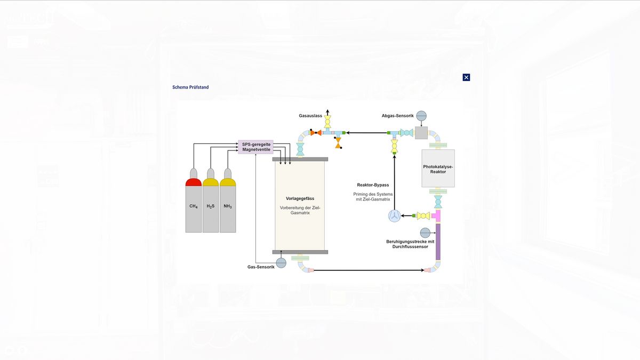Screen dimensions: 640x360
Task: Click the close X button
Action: click(x=466, y=77)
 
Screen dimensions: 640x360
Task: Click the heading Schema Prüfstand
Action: click(x=190, y=87)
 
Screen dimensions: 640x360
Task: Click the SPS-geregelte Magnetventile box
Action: click(x=255, y=147)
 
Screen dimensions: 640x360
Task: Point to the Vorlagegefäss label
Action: click(x=300, y=198)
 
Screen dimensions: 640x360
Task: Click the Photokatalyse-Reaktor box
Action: click(x=438, y=169)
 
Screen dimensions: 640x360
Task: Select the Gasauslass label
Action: click(x=310, y=116)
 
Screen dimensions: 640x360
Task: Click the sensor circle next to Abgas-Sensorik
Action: click(x=421, y=116)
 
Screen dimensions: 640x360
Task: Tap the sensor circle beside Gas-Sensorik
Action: click(x=281, y=263)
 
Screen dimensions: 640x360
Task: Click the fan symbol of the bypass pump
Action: click(x=394, y=215)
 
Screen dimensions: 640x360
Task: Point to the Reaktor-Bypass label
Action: click(x=373, y=185)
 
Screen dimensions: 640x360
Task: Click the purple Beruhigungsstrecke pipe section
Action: click(x=438, y=242)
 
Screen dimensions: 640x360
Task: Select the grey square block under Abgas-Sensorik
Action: click(x=421, y=133)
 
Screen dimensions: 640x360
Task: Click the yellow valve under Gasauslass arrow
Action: click(x=327, y=122)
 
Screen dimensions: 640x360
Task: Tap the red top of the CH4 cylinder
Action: click(x=194, y=182)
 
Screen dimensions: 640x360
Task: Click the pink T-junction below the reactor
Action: click(x=436, y=215)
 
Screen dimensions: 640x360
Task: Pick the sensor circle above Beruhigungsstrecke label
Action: click(x=425, y=233)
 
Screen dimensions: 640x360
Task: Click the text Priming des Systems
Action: click(x=373, y=194)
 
